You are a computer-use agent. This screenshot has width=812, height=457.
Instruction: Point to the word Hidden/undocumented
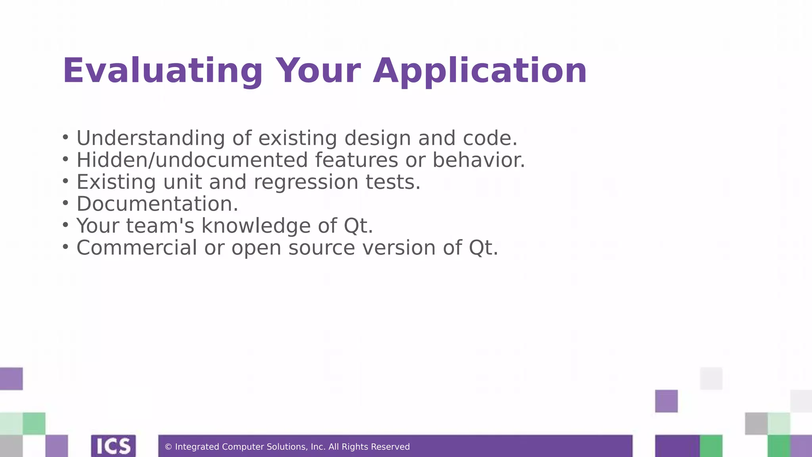[192, 160]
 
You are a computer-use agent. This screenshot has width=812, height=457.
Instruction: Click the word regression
[306, 182]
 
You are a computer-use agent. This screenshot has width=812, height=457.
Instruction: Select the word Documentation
[157, 204]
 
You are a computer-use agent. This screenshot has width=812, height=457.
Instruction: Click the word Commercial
[136, 248]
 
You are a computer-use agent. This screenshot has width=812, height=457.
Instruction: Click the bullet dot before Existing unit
[65, 182]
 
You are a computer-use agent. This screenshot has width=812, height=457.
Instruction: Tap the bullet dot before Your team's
[65, 225]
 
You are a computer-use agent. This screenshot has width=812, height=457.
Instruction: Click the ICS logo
[113, 446]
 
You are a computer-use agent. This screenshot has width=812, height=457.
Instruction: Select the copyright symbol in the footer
[168, 447]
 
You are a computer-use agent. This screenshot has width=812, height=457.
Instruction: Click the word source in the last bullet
[322, 248]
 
